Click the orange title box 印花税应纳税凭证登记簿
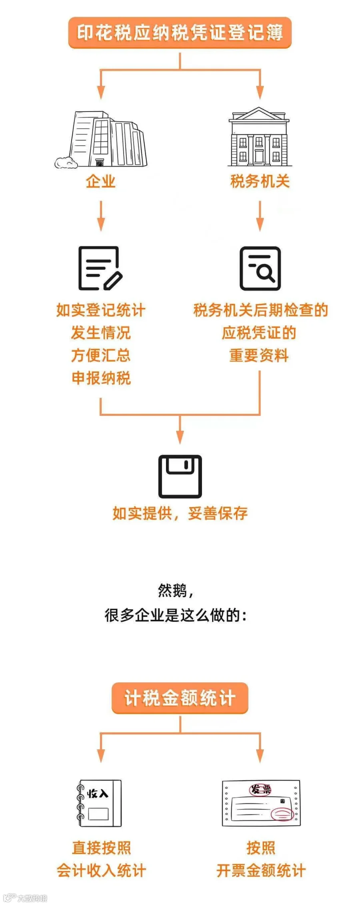click(180, 33)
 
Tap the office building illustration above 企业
click(101, 140)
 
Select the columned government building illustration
click(259, 137)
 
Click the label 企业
click(101, 182)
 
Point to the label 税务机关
click(260, 181)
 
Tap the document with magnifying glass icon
click(260, 268)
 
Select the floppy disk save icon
click(180, 476)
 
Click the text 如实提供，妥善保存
click(180, 513)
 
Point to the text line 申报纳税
click(101, 378)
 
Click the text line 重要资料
click(259, 355)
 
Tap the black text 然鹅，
click(176, 590)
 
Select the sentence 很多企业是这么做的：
click(176, 615)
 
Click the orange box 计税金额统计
click(180, 698)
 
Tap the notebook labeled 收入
click(99, 803)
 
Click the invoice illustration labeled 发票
click(261, 803)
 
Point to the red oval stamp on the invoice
click(282, 814)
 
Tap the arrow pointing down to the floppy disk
click(180, 430)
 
